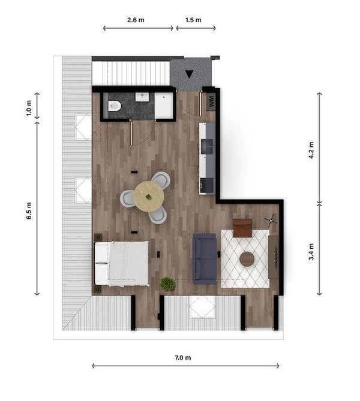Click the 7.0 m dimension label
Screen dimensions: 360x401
(x=183, y=357)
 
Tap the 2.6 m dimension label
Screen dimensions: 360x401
(x=136, y=20)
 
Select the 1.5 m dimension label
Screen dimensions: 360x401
(x=193, y=20)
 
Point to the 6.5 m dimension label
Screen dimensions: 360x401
(x=29, y=211)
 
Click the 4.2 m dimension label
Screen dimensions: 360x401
(x=311, y=150)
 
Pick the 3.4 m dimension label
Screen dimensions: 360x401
(x=311, y=252)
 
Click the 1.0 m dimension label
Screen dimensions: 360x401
(x=29, y=108)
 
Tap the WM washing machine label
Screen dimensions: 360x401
(x=211, y=101)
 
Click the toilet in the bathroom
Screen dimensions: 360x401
(x=114, y=105)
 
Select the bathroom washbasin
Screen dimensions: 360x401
(x=142, y=97)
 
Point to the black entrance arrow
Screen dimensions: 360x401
(x=189, y=74)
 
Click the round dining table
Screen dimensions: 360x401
(x=149, y=197)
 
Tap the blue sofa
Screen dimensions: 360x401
(x=205, y=258)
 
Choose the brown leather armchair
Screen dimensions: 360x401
(x=242, y=228)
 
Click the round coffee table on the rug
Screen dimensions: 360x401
(x=247, y=259)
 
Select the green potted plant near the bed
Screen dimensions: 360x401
(x=167, y=284)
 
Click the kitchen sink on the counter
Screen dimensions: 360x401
(x=207, y=146)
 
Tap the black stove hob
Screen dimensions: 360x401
(x=207, y=185)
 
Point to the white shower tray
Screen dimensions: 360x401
(x=164, y=105)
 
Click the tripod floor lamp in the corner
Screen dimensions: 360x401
(x=271, y=221)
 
